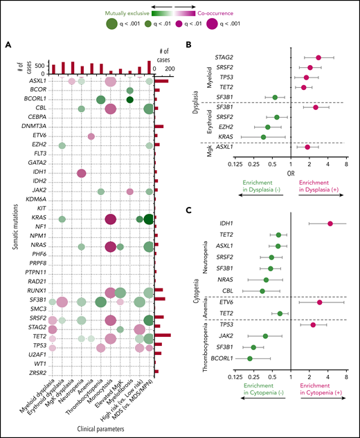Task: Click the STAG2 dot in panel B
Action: coord(318,57)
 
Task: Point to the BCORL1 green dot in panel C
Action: coord(250,358)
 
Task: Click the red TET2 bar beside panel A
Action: coord(162,334)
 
